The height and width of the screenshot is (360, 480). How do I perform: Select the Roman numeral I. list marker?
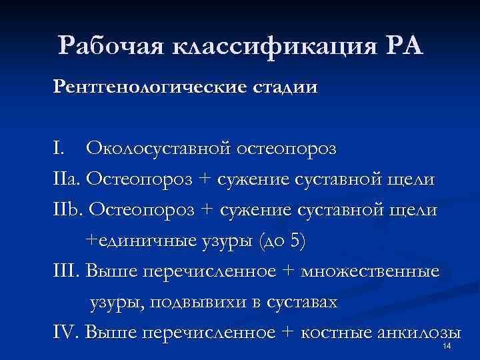click(x=61, y=149)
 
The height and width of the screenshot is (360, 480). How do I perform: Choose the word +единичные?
click(x=139, y=241)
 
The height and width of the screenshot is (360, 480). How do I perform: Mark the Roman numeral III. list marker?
click(x=68, y=271)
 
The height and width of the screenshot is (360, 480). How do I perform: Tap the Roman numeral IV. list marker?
click(x=67, y=333)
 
